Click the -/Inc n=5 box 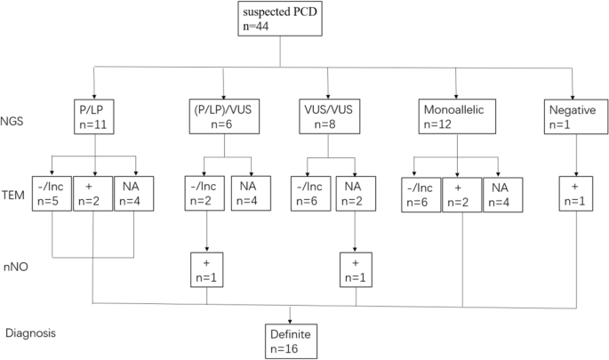point(51,194)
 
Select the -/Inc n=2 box point(207,194)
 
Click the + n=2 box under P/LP point(94,194)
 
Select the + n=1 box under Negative point(574,194)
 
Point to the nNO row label point(16,264)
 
